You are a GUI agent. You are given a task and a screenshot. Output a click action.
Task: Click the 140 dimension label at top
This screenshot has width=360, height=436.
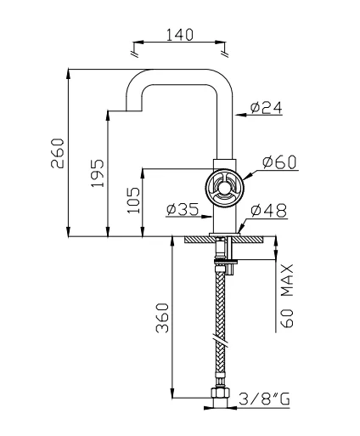179,34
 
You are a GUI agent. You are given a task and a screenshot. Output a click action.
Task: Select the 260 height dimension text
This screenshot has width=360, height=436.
58,153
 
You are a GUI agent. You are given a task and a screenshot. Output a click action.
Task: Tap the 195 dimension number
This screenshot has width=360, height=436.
97,173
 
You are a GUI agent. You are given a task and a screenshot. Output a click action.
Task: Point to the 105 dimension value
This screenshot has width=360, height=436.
133,200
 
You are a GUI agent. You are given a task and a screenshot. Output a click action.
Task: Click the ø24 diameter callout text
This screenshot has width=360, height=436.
267,107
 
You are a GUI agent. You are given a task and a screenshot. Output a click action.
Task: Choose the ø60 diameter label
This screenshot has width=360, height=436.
279,162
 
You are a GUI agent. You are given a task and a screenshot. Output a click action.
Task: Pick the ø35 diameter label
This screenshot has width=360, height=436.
183,209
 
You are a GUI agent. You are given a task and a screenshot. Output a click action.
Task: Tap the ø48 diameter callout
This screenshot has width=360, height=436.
268,211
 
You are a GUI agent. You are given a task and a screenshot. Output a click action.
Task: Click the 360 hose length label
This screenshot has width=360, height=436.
162,318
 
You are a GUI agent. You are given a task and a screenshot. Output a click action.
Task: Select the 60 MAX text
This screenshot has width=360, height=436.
288,296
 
